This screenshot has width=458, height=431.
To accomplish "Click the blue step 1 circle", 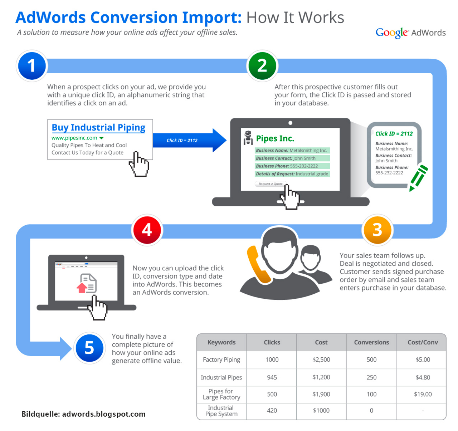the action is (32, 66).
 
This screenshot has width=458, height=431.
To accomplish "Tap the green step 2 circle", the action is (262, 66).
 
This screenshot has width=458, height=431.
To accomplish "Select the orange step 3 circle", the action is (377, 230).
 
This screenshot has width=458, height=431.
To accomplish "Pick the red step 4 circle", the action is (147, 230).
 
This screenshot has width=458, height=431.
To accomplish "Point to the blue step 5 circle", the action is (89, 348).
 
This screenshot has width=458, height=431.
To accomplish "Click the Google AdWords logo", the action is (410, 33).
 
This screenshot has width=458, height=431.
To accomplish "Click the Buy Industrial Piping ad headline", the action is (98, 128).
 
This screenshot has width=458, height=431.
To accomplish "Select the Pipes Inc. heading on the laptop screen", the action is (275, 138).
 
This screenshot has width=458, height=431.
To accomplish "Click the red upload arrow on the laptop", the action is (82, 288).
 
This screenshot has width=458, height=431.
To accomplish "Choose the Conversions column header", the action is (371, 342).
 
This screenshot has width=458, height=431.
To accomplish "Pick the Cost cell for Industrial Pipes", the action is (321, 377).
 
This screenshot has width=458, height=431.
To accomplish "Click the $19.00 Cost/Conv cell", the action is (423, 394).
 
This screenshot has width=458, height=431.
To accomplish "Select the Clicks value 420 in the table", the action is (272, 411).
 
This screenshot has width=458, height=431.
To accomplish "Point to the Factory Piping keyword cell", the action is (221, 359).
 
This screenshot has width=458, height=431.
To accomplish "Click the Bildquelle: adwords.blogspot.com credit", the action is (83, 414).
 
